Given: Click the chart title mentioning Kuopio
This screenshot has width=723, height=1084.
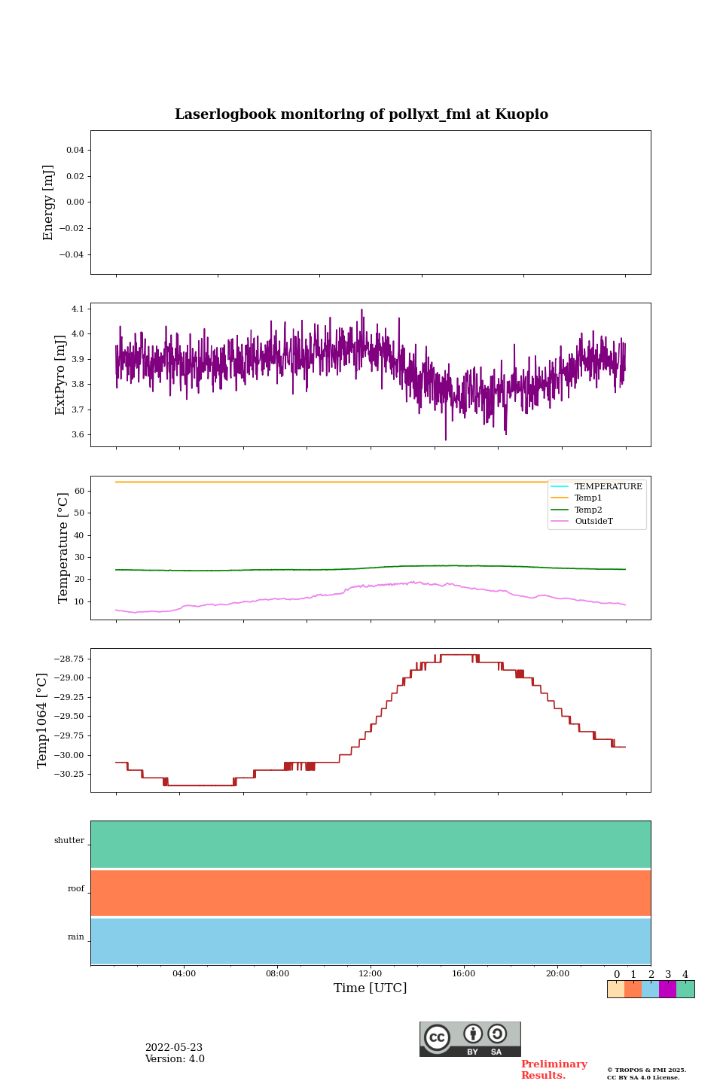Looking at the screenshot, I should (x=361, y=114).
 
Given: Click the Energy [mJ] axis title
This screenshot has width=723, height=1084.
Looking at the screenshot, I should (x=49, y=202).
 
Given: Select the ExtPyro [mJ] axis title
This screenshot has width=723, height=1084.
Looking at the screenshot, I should (x=60, y=375).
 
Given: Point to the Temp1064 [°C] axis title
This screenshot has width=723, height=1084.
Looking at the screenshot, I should (x=42, y=720).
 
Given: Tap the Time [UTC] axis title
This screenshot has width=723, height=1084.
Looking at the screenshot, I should (x=370, y=988).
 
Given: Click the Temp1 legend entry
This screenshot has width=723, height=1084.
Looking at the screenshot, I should (x=588, y=498).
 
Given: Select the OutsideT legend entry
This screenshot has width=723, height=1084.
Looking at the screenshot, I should (x=593, y=522).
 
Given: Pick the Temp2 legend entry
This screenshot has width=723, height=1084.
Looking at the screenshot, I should (x=588, y=510).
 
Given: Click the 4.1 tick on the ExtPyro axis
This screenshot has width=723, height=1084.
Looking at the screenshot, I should (x=78, y=309).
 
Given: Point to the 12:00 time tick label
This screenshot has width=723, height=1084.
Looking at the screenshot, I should (x=370, y=973).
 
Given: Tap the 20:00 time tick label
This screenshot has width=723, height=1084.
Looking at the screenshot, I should (x=557, y=973).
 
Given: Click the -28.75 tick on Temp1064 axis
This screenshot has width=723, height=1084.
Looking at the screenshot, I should (x=69, y=659).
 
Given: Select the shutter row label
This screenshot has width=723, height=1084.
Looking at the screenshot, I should (x=69, y=841).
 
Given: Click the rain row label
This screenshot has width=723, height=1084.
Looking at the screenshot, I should (x=76, y=937).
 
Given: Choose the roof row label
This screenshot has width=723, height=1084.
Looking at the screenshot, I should (x=76, y=889).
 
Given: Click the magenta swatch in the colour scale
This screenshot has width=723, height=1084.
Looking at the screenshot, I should (x=667, y=989).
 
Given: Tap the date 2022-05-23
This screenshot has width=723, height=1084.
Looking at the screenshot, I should (x=174, y=1048).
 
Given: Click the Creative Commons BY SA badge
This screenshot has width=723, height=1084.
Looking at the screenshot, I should (x=470, y=1039).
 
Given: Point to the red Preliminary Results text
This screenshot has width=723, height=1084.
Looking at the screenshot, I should (x=554, y=1070).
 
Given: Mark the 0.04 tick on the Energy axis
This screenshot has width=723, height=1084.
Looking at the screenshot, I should (x=75, y=150).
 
